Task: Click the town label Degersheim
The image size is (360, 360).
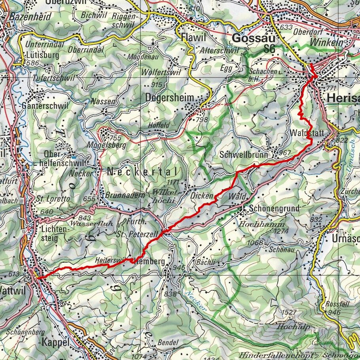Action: click(x=170, y=97)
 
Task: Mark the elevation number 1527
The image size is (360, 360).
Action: click(x=289, y=313)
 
